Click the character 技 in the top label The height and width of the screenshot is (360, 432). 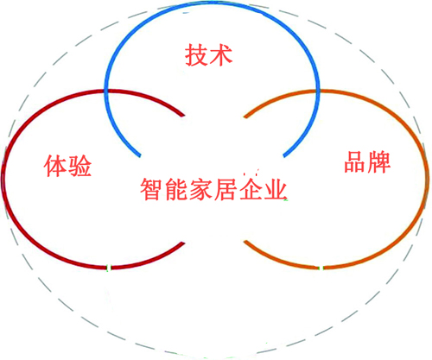(196, 54)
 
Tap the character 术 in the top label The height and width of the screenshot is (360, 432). (220, 54)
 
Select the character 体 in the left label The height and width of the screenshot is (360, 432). (55, 166)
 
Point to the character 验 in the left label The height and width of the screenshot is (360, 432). (79, 166)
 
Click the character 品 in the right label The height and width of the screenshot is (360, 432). (355, 161)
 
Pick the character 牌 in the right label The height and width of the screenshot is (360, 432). (379, 161)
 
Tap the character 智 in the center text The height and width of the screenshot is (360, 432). (152, 189)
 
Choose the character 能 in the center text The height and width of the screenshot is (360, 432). (176, 189)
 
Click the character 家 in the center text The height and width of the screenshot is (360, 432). (201, 189)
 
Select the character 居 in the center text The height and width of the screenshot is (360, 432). (226, 189)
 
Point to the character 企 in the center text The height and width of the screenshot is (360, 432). (250, 189)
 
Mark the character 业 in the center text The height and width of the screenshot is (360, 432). (275, 189)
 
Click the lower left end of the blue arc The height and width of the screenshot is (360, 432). (140, 156)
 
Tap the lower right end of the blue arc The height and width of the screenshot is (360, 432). (284, 156)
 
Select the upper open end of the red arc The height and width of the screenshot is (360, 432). (183, 116)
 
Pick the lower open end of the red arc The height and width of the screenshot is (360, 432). (183, 243)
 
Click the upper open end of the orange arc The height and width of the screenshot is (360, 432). (245, 117)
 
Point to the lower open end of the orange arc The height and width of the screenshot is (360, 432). (245, 242)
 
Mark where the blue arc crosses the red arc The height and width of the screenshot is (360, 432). (106, 92)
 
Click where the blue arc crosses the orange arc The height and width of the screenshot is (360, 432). (318, 92)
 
